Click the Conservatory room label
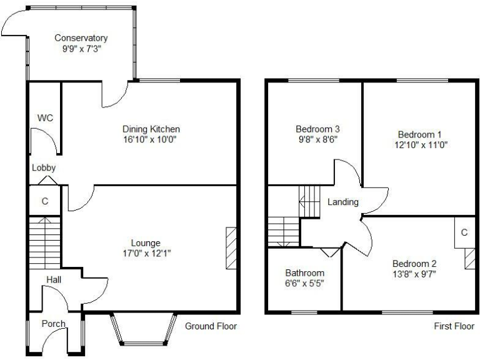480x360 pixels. (81, 38)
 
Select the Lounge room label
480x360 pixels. (146, 243)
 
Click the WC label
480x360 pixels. (44, 117)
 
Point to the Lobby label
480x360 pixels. (44, 167)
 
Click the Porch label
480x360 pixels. (54, 324)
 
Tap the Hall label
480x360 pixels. (54, 281)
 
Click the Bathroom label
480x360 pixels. (304, 273)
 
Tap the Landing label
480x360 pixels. (343, 202)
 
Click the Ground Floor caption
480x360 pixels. (211, 326)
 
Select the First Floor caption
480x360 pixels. (454, 326)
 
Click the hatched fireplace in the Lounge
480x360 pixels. (231, 248)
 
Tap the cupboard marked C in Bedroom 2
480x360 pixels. (464, 232)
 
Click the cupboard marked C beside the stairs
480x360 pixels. (44, 201)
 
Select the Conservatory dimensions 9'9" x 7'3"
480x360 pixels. (81, 49)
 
